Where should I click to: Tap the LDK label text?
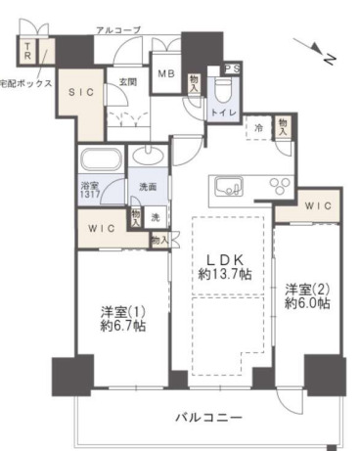click(x=223, y=259)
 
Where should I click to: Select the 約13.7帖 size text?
click(x=223, y=275)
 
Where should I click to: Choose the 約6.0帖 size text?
click(x=307, y=305)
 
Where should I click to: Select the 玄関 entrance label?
click(x=127, y=83)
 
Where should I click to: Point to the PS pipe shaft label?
click(x=231, y=68)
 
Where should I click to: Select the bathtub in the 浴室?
click(x=101, y=160)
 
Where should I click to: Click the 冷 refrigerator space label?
click(x=259, y=128)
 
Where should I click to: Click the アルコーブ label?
click(x=118, y=30)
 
